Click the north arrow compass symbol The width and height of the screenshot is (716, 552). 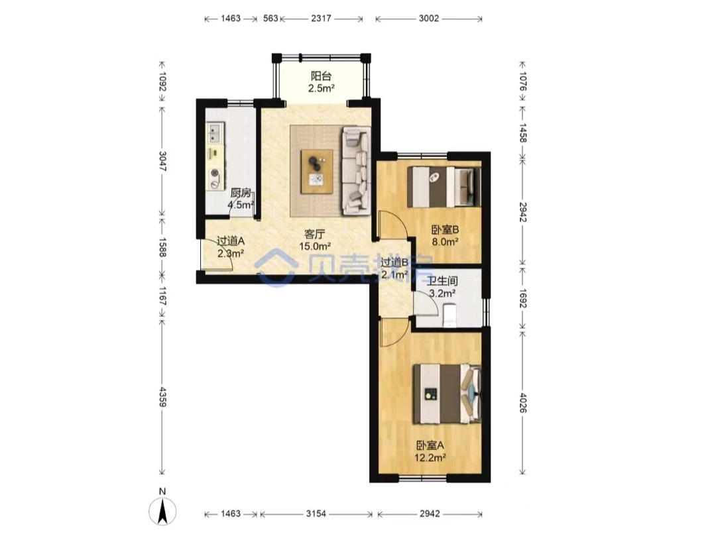(x=162, y=512)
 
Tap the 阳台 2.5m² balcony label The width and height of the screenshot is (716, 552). (x=321, y=82)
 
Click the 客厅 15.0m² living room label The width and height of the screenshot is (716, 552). (x=315, y=240)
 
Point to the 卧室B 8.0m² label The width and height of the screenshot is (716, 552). (x=446, y=236)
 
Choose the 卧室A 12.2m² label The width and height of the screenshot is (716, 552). (x=430, y=451)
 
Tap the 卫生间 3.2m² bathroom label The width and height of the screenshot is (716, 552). (x=442, y=287)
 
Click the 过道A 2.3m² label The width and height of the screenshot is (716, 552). (x=231, y=247)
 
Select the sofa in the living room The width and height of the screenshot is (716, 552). (x=356, y=170)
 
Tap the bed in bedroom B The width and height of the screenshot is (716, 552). (x=444, y=186)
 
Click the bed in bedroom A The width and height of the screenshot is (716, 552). (x=447, y=394)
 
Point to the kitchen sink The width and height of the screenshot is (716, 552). (x=215, y=133)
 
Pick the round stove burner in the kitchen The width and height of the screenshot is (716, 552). (x=215, y=174)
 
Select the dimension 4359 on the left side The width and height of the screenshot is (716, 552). (x=162, y=397)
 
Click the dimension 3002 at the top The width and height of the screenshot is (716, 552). (x=429, y=19)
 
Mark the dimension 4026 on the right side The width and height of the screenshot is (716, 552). (x=523, y=402)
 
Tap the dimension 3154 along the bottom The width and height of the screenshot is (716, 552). (x=316, y=514)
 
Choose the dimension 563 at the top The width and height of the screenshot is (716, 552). (x=270, y=19)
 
